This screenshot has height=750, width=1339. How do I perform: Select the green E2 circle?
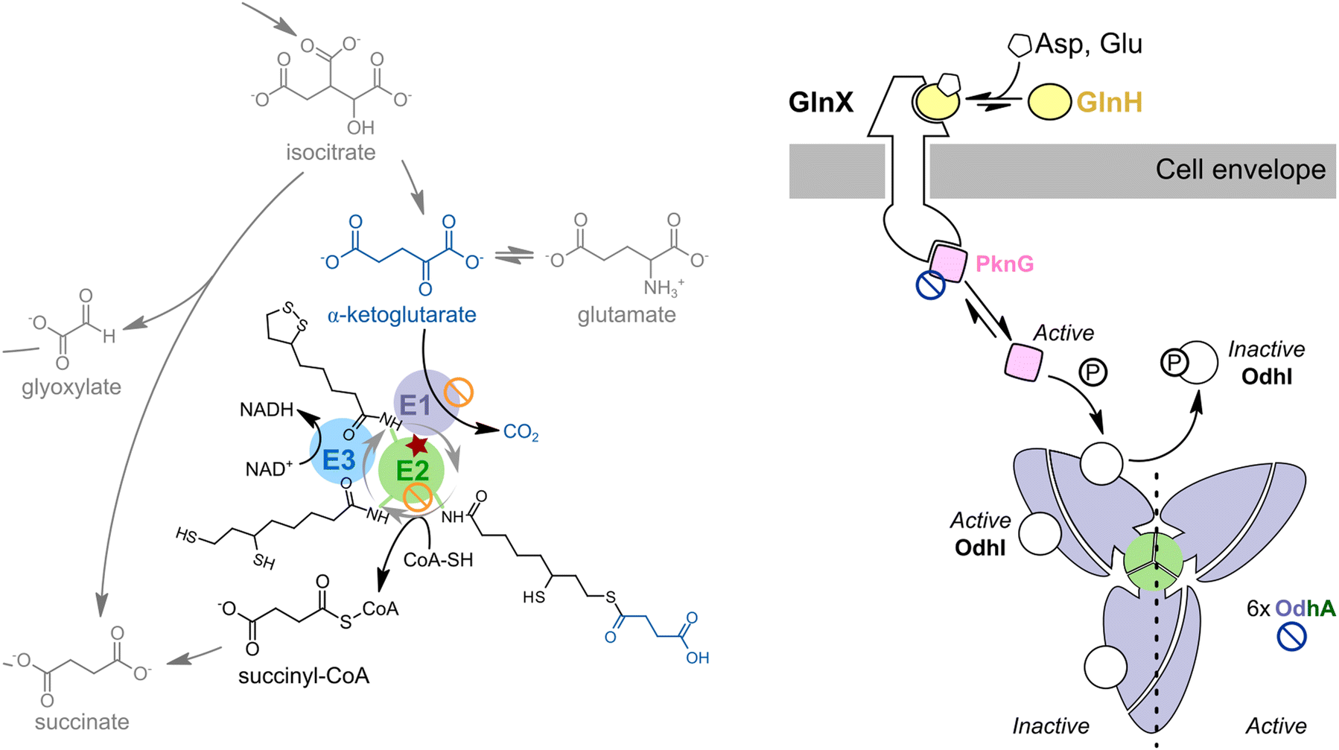tap(411, 471)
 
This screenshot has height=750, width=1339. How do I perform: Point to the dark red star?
tap(418, 446)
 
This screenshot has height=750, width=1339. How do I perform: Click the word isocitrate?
tap(330, 153)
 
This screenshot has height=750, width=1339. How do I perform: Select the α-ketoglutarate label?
tap(401, 314)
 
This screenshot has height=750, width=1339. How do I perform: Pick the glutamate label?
tap(626, 314)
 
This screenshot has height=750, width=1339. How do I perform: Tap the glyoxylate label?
tap(71, 387)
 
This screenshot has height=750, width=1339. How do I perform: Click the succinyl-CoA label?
tap(304, 676)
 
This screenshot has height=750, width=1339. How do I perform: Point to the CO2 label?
tap(521, 432)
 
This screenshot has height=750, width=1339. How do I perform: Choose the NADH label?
tap(267, 409)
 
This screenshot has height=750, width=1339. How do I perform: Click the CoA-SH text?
tap(438, 559)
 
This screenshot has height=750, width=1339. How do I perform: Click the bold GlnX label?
tap(821, 102)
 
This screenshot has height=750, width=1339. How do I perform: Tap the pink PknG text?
tap(1004, 264)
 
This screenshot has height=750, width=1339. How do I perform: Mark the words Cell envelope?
tap(1240, 170)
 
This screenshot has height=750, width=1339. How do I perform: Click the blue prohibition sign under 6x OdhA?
tap(1291, 637)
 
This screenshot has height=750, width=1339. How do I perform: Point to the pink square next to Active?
tap(1024, 361)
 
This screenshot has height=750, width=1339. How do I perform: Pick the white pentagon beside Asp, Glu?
tap(1019, 45)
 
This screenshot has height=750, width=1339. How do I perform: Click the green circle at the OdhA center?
tap(1153, 562)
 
